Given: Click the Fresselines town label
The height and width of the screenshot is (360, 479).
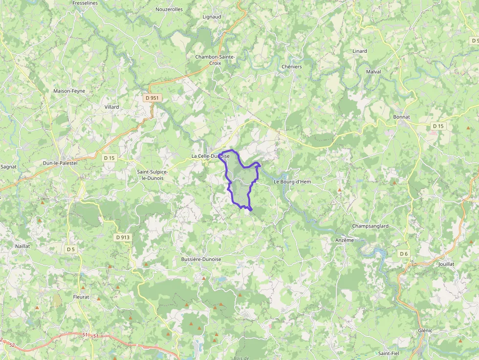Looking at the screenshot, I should [85, 3].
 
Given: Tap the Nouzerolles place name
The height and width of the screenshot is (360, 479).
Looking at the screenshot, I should [169, 9].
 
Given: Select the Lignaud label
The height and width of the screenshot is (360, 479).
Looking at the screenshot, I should [212, 17].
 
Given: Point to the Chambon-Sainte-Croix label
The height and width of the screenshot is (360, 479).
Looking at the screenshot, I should [215, 60].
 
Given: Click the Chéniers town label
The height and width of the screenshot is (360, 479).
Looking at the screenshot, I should [292, 67].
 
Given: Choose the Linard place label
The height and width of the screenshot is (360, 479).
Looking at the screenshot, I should [359, 51].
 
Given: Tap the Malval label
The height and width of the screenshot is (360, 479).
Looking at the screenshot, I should [373, 72].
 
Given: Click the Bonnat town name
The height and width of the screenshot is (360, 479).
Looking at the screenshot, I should [401, 117].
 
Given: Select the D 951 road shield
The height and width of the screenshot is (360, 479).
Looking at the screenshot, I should [152, 98].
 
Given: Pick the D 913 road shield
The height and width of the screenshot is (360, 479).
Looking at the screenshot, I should [123, 237].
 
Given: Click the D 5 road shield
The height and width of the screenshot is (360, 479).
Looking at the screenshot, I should [71, 249].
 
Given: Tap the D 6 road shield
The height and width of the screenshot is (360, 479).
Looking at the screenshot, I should [403, 254].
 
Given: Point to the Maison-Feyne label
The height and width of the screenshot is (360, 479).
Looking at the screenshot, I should [69, 91].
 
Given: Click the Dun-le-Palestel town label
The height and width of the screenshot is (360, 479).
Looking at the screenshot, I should [60, 163].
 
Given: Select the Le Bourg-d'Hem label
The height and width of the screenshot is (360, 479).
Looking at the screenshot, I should [292, 182].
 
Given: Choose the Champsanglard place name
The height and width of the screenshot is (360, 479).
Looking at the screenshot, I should [370, 226].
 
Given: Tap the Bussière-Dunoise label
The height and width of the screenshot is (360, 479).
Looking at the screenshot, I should [201, 259].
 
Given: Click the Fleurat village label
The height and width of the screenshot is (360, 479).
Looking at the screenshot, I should [81, 296].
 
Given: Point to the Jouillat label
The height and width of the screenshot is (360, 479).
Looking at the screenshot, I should [446, 264].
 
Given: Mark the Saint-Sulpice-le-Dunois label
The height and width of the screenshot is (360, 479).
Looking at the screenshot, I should [152, 175].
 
